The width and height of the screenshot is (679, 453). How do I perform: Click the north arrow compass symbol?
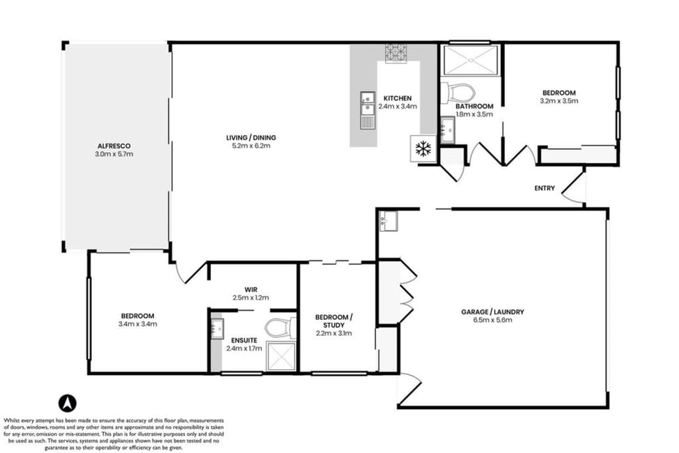(67, 404)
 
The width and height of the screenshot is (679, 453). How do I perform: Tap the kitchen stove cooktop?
(396, 53)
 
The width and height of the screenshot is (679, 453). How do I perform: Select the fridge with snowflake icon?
(423, 148)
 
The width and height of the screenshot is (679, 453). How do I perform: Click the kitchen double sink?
(368, 110)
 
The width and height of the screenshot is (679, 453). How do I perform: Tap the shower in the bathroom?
(471, 60)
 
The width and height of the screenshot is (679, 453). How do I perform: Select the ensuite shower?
(281, 357)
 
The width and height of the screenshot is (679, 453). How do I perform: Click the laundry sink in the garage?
(389, 221)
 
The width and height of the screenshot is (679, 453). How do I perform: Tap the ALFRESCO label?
(114, 146)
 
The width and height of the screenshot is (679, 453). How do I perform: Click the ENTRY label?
(545, 188)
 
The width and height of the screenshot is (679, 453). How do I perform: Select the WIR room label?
(251, 290)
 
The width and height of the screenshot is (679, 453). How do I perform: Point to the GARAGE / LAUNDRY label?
(492, 312)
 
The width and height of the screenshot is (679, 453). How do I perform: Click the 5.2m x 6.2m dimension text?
(251, 146)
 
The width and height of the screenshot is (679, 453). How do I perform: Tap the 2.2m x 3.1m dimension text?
(334, 333)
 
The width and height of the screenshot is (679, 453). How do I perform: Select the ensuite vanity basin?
(217, 328)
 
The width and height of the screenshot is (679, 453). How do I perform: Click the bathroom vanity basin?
(448, 129)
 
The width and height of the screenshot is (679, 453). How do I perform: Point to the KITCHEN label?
(398, 98)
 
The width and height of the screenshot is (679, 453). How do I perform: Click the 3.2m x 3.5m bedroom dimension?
(559, 100)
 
